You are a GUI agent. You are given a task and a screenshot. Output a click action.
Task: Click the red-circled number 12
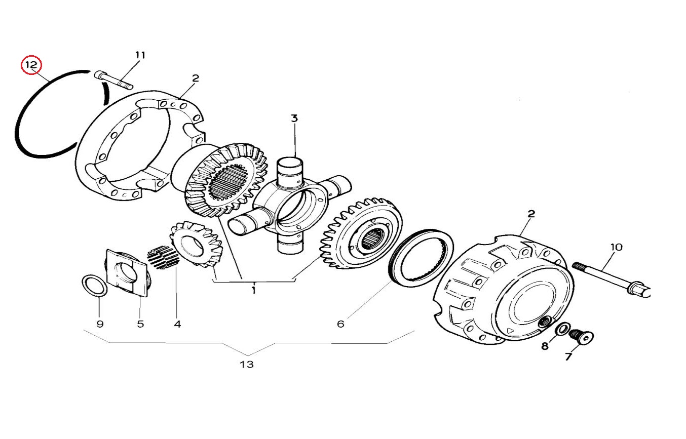[31, 66]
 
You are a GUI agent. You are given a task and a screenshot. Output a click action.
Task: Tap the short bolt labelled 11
[113, 80]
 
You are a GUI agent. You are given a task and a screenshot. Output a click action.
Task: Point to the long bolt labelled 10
[608, 277]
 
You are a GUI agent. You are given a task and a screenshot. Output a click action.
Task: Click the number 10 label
[617, 247]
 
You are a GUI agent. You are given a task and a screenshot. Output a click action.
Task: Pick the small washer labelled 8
[562, 330]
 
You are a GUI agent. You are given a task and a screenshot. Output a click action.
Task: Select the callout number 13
[247, 364]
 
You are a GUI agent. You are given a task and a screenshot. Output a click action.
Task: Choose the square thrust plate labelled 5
[127, 273]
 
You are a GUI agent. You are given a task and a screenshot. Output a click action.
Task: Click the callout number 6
[340, 324]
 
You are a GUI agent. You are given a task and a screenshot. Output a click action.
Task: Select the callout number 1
[253, 290]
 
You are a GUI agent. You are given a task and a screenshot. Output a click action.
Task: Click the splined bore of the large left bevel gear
[227, 183]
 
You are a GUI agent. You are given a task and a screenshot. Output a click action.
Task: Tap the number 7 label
[568, 357]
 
